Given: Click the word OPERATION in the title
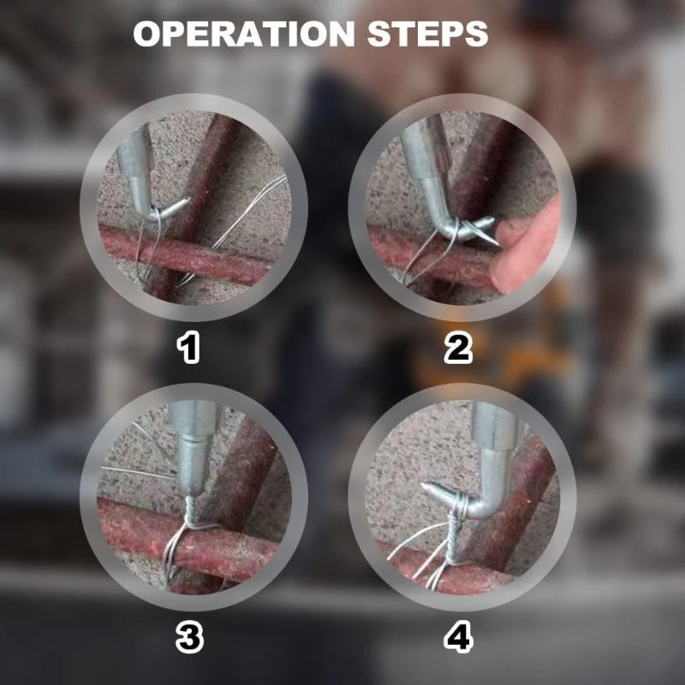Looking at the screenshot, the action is click(x=244, y=33).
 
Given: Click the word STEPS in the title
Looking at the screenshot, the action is click(x=427, y=33).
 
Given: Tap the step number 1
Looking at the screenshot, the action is click(x=188, y=348).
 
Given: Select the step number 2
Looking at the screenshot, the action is click(x=458, y=348).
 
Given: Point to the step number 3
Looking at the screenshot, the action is click(x=189, y=638).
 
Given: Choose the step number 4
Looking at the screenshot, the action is click(x=458, y=638).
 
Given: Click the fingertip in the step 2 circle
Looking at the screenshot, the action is click(x=524, y=245).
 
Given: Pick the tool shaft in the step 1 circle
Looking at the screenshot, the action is click(x=136, y=166).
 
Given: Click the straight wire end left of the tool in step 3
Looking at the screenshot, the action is click(x=139, y=473).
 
